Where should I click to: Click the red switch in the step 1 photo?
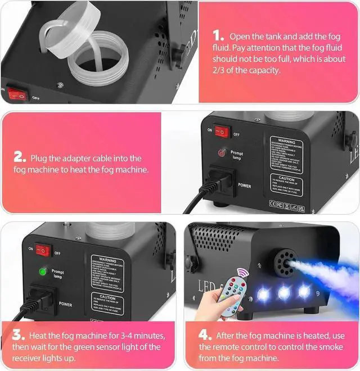point(18,94)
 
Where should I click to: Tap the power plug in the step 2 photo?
point(217,180)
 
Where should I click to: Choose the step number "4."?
point(205,336)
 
